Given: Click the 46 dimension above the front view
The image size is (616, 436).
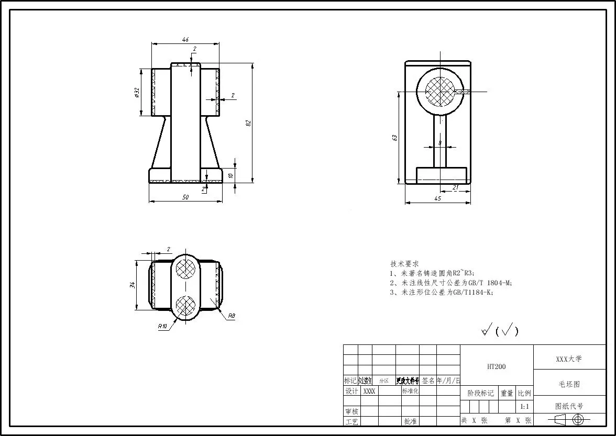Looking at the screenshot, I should pos(185,39).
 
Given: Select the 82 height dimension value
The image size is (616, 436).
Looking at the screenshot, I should pos(249,122).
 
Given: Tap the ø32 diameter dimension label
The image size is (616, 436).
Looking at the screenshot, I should pos(137,93).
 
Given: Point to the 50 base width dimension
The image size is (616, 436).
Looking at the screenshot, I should pos(185,197).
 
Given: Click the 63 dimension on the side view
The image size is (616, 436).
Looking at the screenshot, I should pos(394,138).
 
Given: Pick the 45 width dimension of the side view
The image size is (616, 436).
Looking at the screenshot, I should pos(438,198).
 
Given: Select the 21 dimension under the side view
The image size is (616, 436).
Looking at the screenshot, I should pos(455,187).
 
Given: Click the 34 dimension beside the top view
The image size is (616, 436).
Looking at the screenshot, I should pos(133,285).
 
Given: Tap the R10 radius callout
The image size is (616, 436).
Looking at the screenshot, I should pos(178,326).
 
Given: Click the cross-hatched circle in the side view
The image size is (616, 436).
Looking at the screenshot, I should pos(440,92).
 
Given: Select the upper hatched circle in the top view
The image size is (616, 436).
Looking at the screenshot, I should pos(185,269).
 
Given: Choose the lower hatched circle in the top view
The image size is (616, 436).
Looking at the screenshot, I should pos(185,305).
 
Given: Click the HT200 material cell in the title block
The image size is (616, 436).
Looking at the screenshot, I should pos(496,367).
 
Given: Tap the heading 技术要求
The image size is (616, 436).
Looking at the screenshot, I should pos(404,264).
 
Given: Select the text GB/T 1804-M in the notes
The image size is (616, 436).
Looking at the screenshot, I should pos(490,283).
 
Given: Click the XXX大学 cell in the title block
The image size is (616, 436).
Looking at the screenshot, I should pos(569,359).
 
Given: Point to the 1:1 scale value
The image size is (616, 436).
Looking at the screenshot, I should pos(524,407).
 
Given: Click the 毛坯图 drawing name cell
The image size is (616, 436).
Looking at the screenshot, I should pos(569,384).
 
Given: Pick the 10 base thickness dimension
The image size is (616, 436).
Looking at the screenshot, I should pos(230,176).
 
